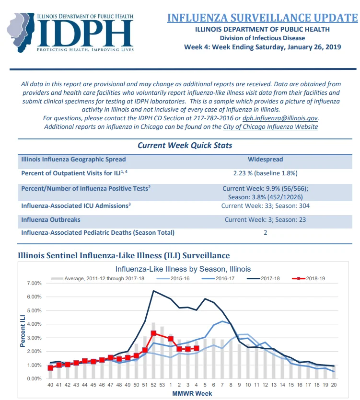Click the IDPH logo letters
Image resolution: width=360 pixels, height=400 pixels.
(x=85, y=33)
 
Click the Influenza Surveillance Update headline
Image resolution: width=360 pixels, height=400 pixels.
(x=263, y=18)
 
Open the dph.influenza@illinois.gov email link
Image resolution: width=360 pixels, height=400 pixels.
(x=280, y=118)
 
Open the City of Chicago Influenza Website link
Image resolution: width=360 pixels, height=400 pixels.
(x=270, y=127)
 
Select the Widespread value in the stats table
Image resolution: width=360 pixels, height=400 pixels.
(x=265, y=159)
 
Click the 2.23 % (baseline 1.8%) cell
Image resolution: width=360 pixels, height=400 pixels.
(x=265, y=173)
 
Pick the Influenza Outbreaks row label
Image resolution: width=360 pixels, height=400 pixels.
(x=50, y=220)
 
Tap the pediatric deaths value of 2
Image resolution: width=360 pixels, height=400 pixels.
(x=265, y=233)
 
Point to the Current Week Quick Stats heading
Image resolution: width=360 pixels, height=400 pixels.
(x=185, y=146)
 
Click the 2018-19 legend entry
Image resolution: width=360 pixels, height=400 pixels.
(x=308, y=278)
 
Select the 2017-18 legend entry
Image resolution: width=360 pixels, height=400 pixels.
(x=263, y=278)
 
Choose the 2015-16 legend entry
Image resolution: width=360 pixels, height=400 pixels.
(x=173, y=278)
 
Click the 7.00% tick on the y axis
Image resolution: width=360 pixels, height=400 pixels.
(x=34, y=283)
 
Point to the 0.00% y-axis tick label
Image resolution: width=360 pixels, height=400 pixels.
(x=34, y=378)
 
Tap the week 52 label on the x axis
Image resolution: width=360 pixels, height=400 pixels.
(x=153, y=385)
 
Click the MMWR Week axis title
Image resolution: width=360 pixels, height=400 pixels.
(x=192, y=393)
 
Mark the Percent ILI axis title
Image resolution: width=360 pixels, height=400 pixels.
(x=23, y=331)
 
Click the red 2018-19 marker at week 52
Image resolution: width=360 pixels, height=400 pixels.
(x=153, y=333)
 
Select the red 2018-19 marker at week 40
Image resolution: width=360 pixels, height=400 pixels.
(x=50, y=367)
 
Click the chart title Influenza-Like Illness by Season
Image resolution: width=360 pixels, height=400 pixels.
(x=183, y=269)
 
